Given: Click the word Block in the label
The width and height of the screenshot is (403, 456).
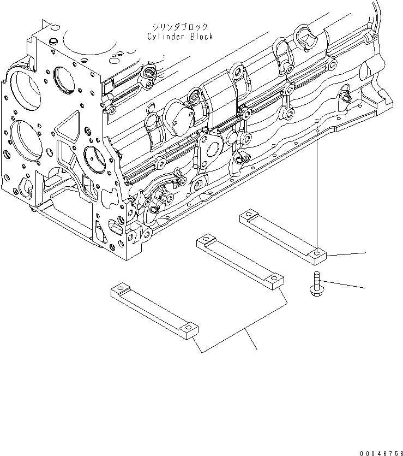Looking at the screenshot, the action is click(x=199, y=37).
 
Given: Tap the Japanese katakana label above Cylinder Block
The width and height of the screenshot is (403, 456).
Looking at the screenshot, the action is click(x=178, y=27).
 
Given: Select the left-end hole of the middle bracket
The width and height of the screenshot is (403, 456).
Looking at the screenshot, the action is click(x=206, y=238).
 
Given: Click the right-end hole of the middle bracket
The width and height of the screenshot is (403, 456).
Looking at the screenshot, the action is click(x=276, y=279).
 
